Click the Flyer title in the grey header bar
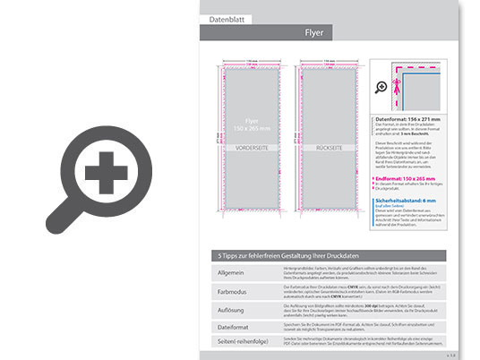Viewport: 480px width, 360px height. [314, 34]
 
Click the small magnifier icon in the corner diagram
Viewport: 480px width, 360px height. [381, 87]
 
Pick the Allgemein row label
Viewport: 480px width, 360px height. [230, 271]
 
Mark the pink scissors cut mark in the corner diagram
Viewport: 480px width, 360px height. [395, 68]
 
